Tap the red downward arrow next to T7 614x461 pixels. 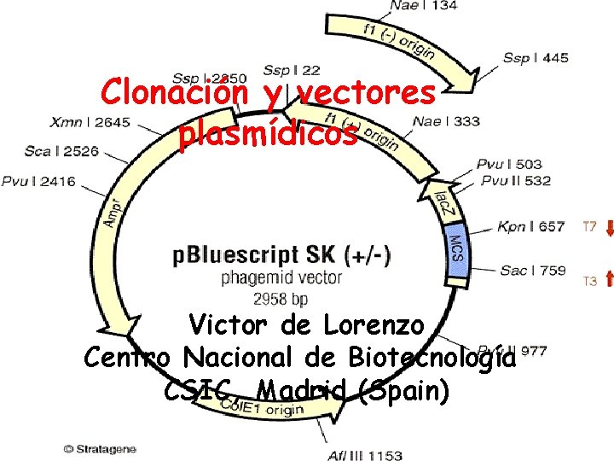tap(609, 227)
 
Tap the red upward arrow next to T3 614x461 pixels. tap(609, 278)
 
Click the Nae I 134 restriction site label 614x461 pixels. tap(423, 6)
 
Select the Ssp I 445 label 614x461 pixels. tap(536, 58)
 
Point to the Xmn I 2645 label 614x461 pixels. tap(90, 122)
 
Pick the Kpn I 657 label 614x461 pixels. tap(530, 227)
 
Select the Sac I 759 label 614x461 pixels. tap(532, 271)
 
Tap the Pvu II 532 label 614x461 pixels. tap(515, 180)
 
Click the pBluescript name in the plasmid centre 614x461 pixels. tap(238, 255)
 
